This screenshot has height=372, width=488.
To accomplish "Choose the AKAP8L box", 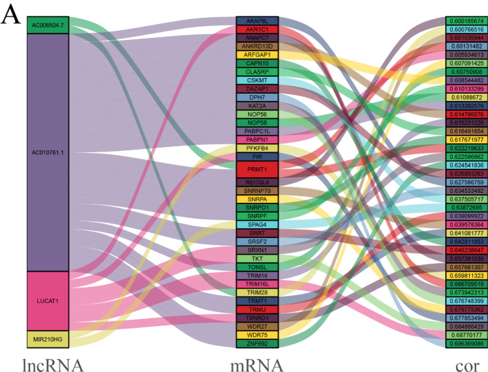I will (x=257, y=22).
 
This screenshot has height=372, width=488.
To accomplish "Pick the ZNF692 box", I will (x=257, y=343).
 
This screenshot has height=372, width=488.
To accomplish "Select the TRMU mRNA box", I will (x=257, y=309).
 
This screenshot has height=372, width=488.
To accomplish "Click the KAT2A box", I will (x=257, y=106).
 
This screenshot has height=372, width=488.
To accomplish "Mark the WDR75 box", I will (x=257, y=335).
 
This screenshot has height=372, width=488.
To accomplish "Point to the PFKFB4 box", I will (x=257, y=148).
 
